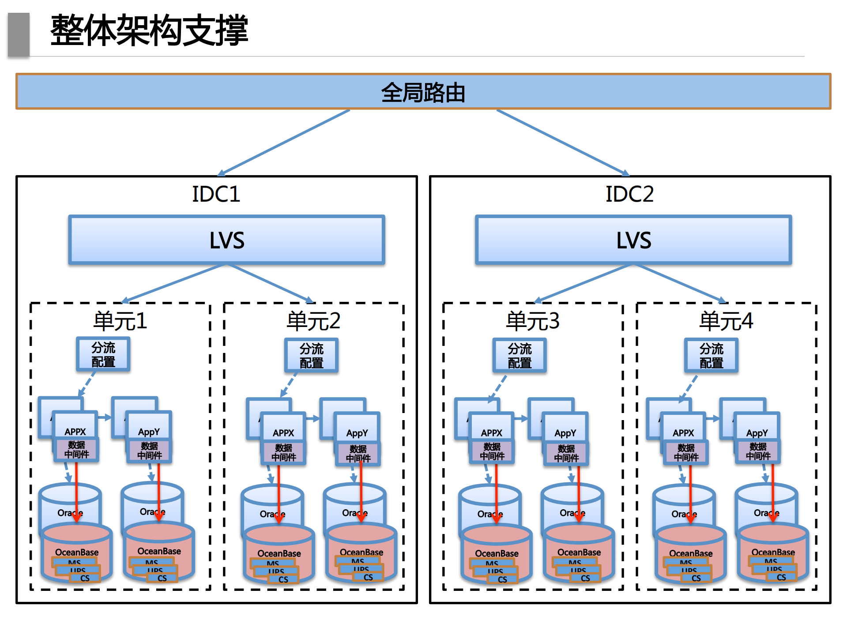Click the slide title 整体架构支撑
(x=149, y=30)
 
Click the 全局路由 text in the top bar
(x=423, y=93)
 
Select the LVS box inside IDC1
(x=226, y=240)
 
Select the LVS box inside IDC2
(x=633, y=240)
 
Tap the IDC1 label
(x=216, y=194)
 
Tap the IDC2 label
(x=629, y=194)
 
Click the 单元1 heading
(x=120, y=321)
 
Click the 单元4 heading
(x=726, y=321)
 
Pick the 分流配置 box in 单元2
(x=311, y=356)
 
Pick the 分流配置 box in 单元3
(x=519, y=356)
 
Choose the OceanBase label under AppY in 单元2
(x=361, y=552)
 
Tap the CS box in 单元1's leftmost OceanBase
(x=85, y=578)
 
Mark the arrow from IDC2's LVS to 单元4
(x=680, y=283)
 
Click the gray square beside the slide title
(x=19, y=34)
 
